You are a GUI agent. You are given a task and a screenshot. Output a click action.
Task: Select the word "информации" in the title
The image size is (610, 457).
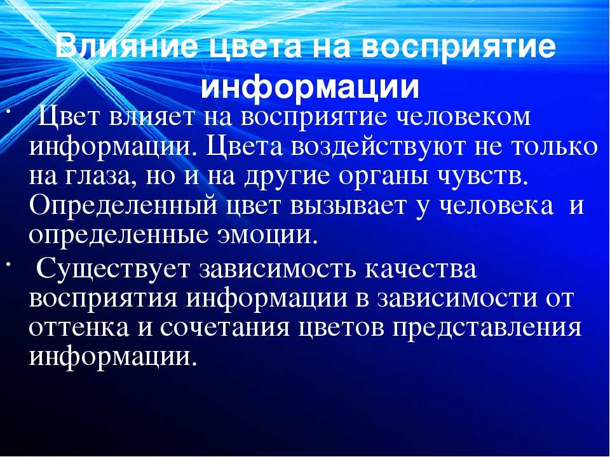coord(310,88)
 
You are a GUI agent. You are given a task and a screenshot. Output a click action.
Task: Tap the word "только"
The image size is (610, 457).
coord(553,146)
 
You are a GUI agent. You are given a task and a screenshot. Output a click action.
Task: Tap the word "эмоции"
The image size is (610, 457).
coord(268,235)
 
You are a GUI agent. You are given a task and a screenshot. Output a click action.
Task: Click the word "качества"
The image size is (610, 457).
coord(420,268)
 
